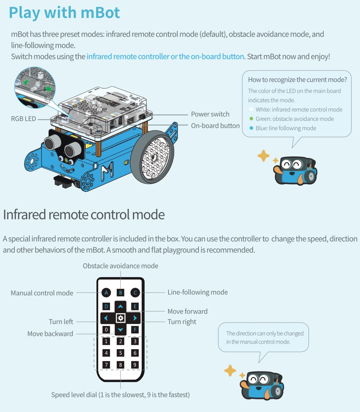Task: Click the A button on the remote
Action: click(106, 293)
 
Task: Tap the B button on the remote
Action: click(121, 293)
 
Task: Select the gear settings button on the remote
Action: click(121, 318)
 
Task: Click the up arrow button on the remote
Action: click(121, 306)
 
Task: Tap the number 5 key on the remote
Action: click(121, 353)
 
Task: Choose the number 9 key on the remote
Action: click(135, 365)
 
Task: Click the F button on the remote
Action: click(135, 330)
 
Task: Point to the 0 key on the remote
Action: click(106, 330)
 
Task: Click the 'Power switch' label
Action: click(210, 114)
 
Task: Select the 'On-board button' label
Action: click(215, 126)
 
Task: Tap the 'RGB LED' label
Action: click(23, 119)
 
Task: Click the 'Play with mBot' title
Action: click(64, 13)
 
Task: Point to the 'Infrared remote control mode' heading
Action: click(84, 214)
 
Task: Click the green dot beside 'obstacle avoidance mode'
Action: click(251, 119)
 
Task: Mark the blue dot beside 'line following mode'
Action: click(251, 128)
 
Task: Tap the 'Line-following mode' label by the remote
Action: click(198, 292)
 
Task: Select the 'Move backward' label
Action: click(50, 334)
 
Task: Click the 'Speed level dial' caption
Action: click(121, 395)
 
